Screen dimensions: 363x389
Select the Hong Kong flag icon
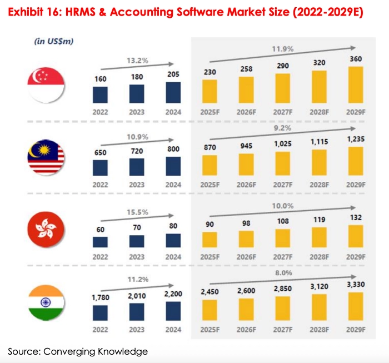(46, 228)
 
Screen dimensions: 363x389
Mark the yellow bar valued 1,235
(355, 161)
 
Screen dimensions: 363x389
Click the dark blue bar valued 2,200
(173, 307)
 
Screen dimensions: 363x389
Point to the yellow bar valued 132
(355, 236)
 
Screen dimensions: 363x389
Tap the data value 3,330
(355, 285)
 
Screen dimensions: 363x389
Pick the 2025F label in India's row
(210, 330)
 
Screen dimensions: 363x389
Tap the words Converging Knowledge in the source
(108, 351)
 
